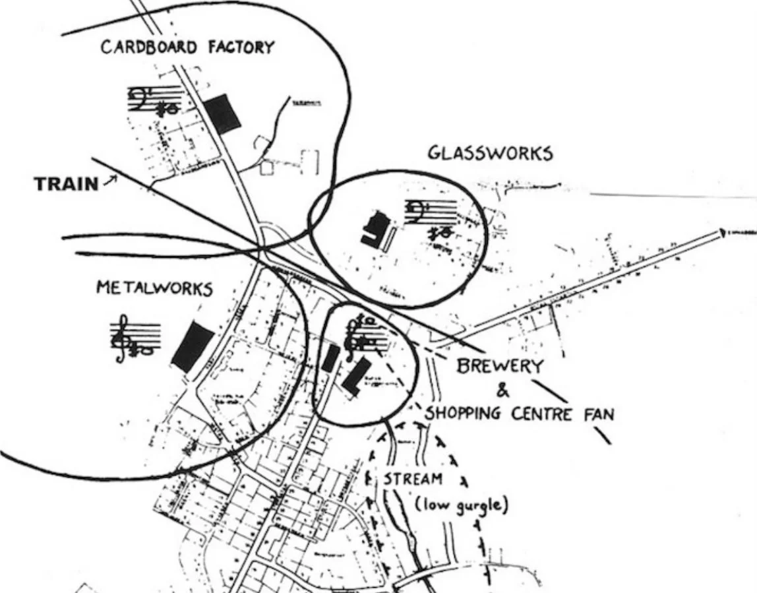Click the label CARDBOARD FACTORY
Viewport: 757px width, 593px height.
point(187,48)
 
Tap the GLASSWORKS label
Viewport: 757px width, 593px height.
point(489,153)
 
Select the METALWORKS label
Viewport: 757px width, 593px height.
point(154,288)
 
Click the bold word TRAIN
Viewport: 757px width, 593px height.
point(66,184)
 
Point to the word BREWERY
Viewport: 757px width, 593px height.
point(501,367)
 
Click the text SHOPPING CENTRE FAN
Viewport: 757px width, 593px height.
point(520,414)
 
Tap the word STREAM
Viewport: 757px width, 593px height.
point(413,478)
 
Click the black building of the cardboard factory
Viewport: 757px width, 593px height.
point(222,113)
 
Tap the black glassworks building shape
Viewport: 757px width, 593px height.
point(373,231)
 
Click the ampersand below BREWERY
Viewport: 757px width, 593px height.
point(502,391)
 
